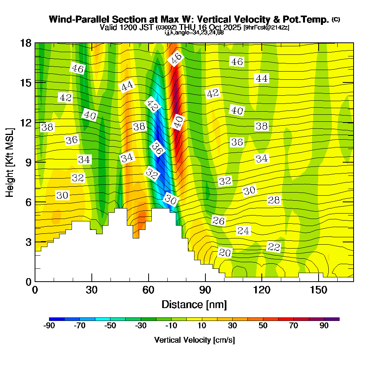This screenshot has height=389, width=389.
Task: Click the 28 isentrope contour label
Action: tap(274, 200)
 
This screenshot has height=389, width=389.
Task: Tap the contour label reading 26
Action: tap(219, 221)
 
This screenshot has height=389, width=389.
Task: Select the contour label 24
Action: tap(243, 231)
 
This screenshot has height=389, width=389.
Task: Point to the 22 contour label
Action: tap(274, 247)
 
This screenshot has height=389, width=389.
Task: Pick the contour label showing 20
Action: tap(225, 253)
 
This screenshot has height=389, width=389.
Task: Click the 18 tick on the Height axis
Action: tap(26, 43)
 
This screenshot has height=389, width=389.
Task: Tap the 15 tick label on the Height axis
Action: tap(26, 82)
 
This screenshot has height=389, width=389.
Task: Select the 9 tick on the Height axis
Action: tap(28, 162)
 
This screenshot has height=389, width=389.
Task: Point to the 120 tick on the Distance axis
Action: tap(262, 290)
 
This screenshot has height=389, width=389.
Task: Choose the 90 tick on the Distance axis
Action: tap(205, 290)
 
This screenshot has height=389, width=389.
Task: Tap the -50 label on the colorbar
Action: tap(110, 326)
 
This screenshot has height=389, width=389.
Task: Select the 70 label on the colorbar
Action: tap(294, 326)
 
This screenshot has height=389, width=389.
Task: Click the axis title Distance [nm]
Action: tap(194, 304)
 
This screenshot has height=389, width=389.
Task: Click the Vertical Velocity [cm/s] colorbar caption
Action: tap(194, 340)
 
